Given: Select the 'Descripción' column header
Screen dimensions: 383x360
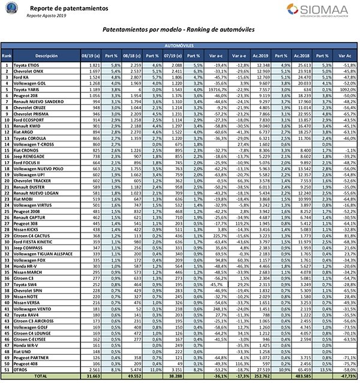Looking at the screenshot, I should pyautogui.click(x=41, y=55).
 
